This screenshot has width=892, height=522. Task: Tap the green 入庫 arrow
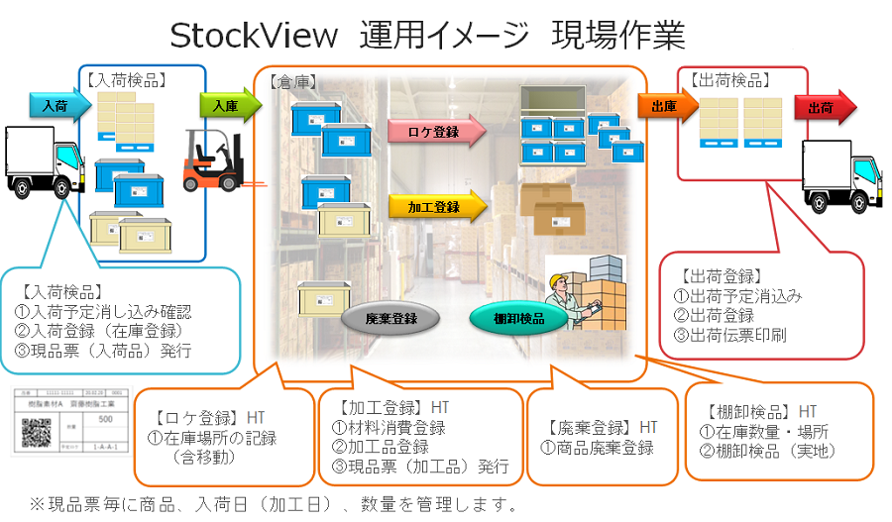[226, 105]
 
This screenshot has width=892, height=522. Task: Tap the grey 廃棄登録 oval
[390, 319]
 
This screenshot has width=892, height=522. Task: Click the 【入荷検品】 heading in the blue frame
[126, 79]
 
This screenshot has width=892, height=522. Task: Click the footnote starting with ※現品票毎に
[273, 504]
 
